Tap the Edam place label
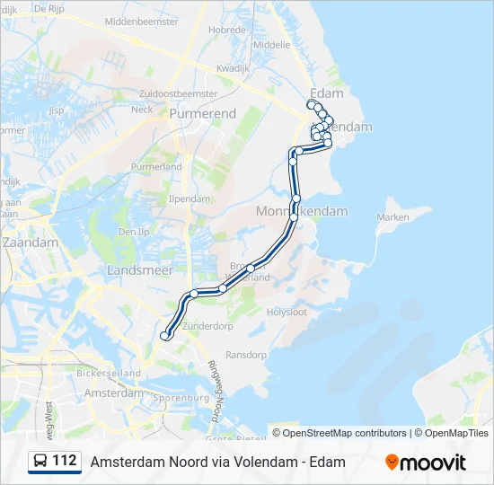pyautogui.click(x=325, y=93)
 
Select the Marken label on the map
pyautogui.click(x=393, y=217)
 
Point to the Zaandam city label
pyautogui.click(x=30, y=242)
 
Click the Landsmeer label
pyautogui.click(x=134, y=269)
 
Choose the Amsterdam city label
pyautogui.click(x=113, y=393)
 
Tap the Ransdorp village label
pyautogui.click(x=246, y=355)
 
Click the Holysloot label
pyautogui.click(x=287, y=313)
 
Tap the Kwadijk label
pyautogui.click(x=232, y=67)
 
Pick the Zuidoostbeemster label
pyautogui.click(x=179, y=93)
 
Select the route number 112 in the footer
pyautogui.click(x=65, y=461)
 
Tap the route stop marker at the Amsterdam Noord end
pyautogui.click(x=164, y=336)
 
